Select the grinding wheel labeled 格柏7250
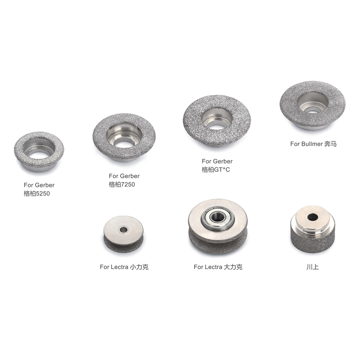pos(101,147)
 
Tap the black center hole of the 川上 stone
pos(312,217)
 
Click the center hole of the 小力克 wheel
pos(123,229)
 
